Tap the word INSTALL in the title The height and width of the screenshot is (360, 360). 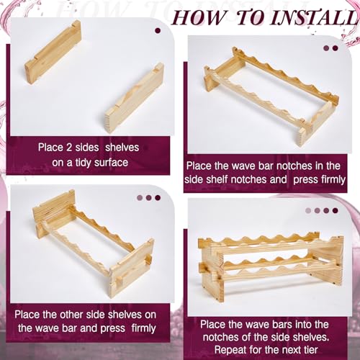[x=313, y=17]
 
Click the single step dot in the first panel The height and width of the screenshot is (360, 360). [x=158, y=31]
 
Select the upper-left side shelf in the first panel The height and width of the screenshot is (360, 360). [x=53, y=53]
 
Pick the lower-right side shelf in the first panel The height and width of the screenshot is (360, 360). [x=135, y=97]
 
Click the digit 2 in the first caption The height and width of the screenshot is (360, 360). [x=69, y=147]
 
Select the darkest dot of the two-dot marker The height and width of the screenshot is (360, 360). [x=335, y=48]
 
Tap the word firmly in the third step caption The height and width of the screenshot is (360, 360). [x=143, y=328]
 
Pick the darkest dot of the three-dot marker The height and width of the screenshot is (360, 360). [x=158, y=198]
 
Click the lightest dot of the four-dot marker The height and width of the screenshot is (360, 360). [x=308, y=210]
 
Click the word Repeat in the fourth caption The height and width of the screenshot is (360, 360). [x=230, y=350]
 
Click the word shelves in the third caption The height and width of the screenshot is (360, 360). [x=124, y=315]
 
